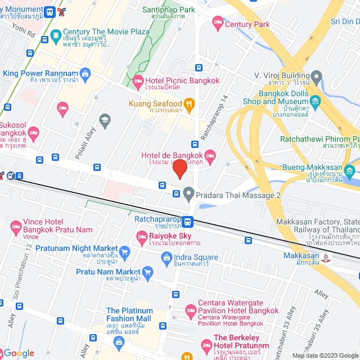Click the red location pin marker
[x=179, y=169]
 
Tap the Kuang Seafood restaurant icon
[x=190, y=103]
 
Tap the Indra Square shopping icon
[x=166, y=258]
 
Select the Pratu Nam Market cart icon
[x=148, y=272]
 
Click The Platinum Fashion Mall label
[x=128, y=314]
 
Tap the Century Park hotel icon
[x=217, y=24]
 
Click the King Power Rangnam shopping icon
[x=85, y=73]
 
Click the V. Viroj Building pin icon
[x=316, y=75]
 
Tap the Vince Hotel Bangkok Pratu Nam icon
[x=16, y=227]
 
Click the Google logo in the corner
[x=18, y=353]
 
